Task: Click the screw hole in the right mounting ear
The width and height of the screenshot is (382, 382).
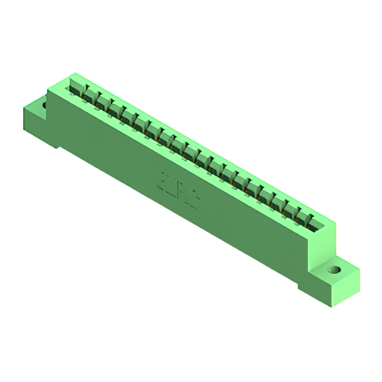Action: pos(335,269)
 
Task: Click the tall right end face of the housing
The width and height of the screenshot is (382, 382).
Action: pos(322,251)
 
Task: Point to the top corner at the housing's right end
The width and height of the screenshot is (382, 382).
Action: pos(335,224)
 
